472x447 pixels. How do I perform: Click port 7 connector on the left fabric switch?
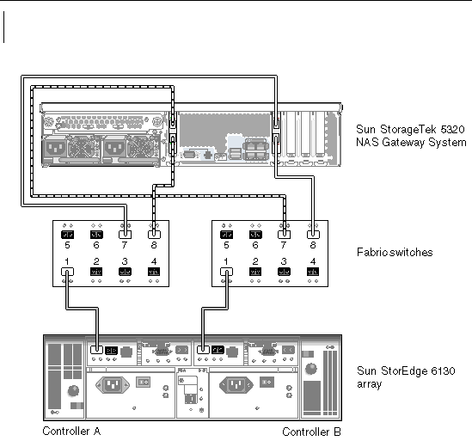click(126, 235)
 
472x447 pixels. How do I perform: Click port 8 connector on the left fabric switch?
click(154, 235)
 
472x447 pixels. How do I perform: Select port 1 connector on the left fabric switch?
click(67, 272)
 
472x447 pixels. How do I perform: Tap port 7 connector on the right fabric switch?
click(284, 235)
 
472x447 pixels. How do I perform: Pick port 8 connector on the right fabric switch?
click(313, 235)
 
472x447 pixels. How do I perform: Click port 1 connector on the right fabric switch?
click(226, 272)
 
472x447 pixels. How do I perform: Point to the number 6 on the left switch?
click(96, 245)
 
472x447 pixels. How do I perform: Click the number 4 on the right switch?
click(313, 261)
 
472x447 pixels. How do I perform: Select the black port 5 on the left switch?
click(67, 235)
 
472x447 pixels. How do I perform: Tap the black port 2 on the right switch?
click(255, 272)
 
